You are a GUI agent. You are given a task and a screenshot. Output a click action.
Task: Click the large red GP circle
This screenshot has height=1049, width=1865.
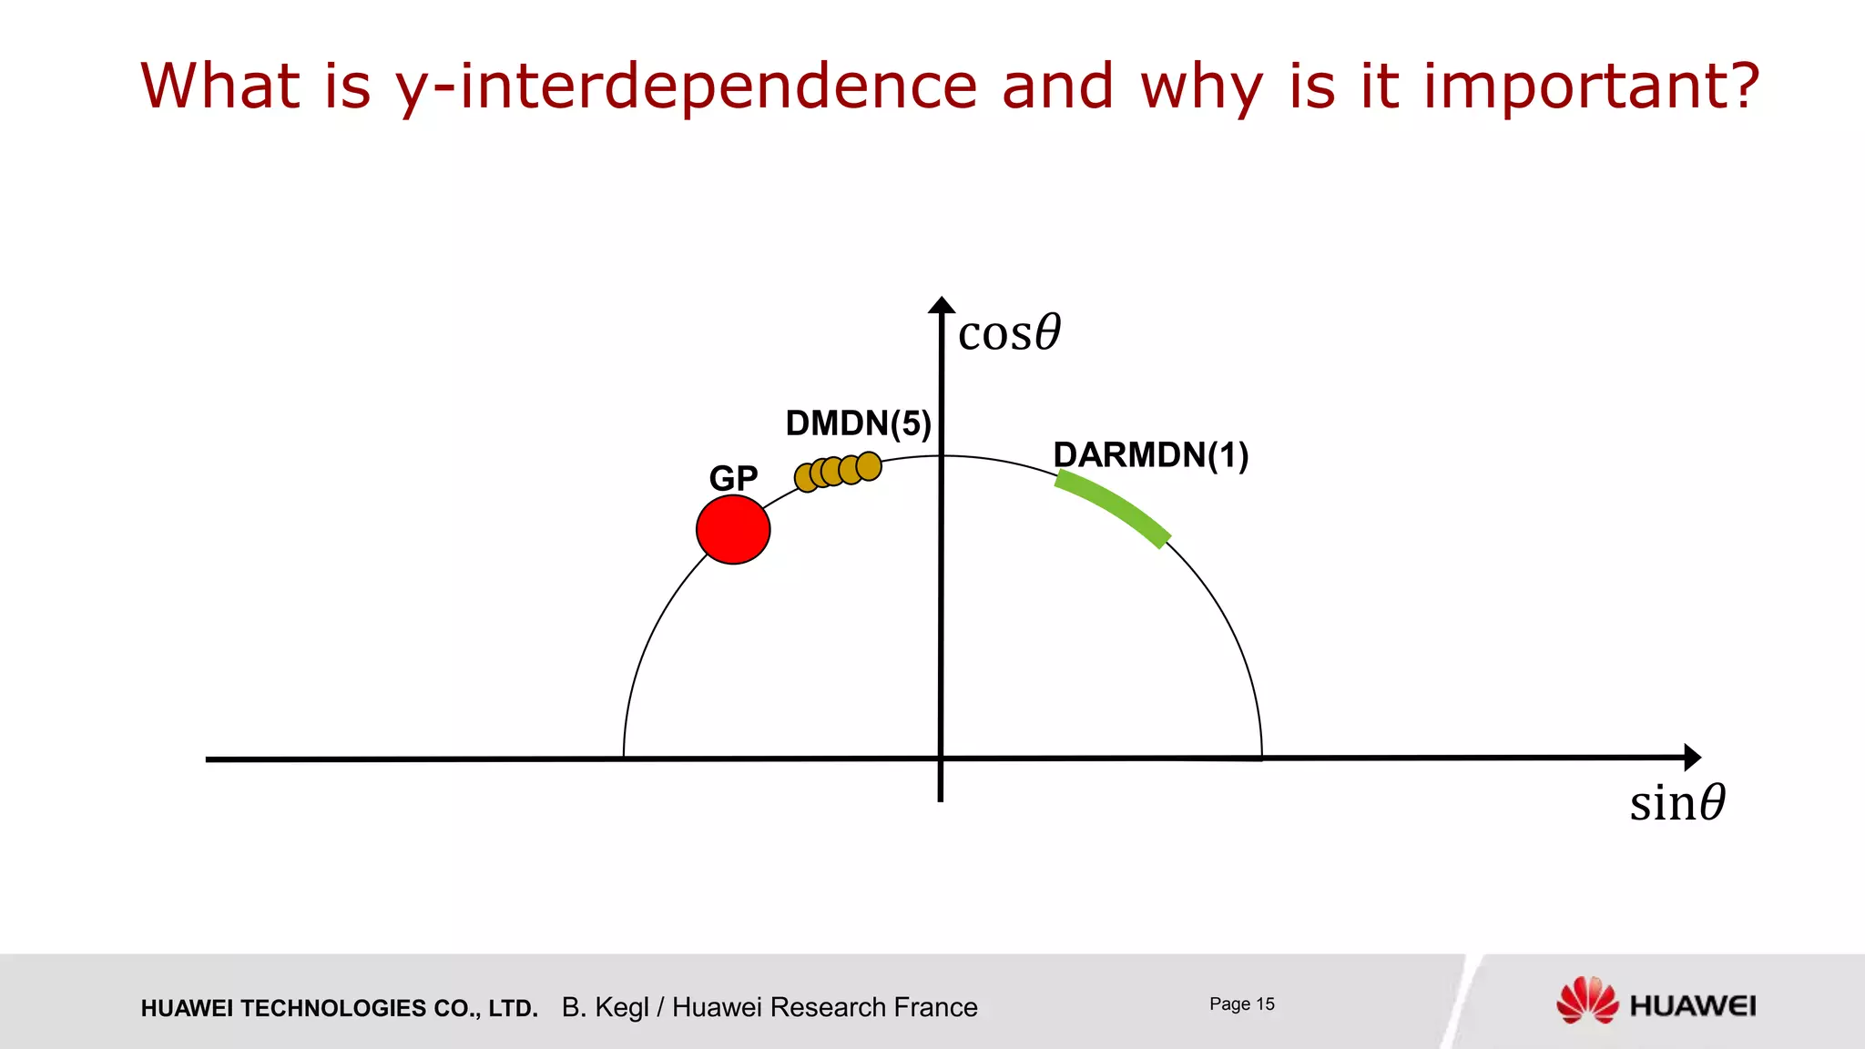733,530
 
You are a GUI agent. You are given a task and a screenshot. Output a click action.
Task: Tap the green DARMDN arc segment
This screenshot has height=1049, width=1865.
1113,506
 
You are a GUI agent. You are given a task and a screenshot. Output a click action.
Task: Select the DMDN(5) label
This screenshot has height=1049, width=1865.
858,423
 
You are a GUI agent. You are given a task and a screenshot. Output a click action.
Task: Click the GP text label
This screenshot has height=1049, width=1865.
733,478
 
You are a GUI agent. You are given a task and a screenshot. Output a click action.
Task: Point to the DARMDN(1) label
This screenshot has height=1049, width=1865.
1150,455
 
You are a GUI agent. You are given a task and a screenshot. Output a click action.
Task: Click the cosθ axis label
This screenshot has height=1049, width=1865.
1009,332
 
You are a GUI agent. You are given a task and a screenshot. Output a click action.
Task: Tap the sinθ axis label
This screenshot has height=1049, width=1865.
1676,803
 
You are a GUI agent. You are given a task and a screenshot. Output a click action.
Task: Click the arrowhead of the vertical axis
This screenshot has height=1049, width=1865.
942,306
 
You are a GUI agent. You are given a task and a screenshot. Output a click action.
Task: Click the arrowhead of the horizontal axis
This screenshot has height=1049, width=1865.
1692,757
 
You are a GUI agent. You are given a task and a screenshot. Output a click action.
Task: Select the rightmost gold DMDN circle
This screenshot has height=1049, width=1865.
870,466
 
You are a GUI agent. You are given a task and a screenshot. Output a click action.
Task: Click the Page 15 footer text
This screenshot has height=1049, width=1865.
1241,1004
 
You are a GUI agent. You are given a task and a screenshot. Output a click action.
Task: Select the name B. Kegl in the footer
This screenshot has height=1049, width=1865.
605,1007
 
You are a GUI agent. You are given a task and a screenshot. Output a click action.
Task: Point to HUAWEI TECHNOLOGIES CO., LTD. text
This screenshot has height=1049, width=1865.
339,1008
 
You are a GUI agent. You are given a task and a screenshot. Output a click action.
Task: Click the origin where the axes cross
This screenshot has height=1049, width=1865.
941,758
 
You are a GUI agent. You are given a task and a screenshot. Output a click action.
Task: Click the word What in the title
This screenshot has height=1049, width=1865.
219,87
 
